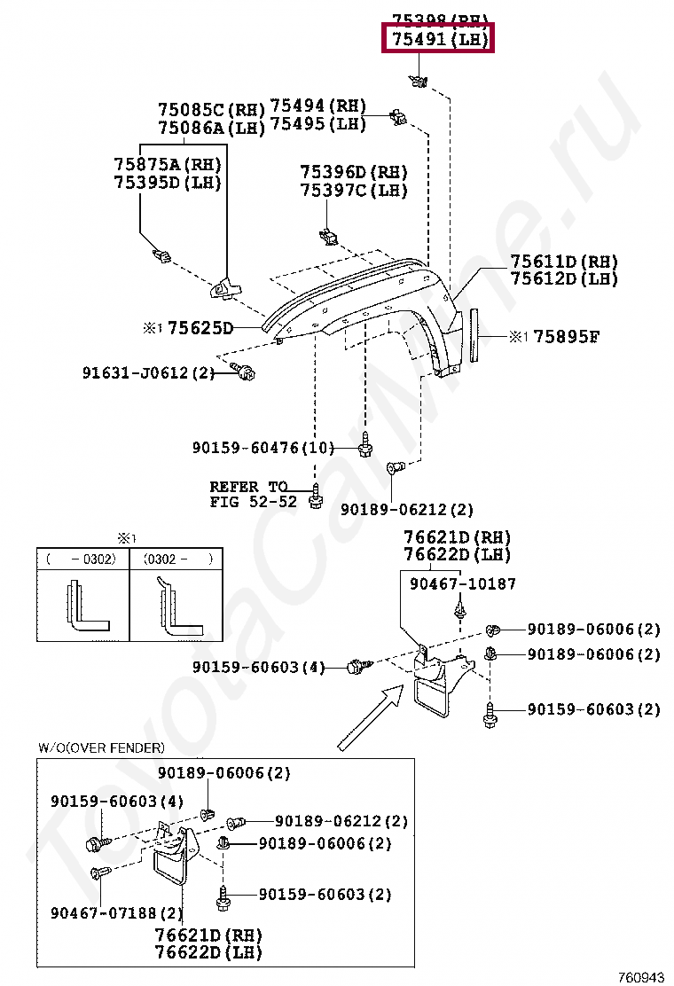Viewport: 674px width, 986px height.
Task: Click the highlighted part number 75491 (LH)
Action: tap(437, 40)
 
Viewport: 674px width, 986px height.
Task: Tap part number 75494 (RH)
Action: tap(317, 106)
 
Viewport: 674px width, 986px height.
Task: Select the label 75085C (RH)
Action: tap(211, 111)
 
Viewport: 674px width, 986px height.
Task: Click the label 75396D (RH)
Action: tap(353, 172)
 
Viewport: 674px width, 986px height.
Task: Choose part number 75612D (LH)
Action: tap(563, 278)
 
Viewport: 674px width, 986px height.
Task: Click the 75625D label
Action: tap(200, 329)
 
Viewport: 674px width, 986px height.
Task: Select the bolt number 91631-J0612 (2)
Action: tap(149, 373)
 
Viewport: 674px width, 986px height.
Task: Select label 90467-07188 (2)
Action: tap(116, 912)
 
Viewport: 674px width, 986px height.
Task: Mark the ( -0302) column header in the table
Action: tap(82, 560)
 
